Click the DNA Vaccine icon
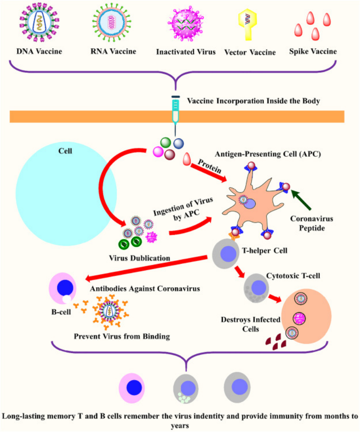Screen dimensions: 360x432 (x=39, y=22)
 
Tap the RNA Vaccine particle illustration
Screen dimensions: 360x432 (x=112, y=22)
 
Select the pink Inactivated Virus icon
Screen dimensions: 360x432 (x=186, y=23)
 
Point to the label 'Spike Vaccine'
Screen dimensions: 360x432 (x=313, y=52)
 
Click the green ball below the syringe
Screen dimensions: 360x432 (x=165, y=142)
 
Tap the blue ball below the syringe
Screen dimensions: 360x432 (x=178, y=143)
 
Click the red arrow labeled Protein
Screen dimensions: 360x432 (x=209, y=172)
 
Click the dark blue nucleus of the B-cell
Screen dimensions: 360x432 (x=65, y=288)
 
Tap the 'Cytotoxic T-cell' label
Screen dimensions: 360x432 (x=293, y=276)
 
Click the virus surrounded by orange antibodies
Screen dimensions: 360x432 (x=110, y=311)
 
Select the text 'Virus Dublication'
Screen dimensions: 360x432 (x=140, y=258)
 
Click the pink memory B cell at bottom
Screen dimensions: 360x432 (x=131, y=388)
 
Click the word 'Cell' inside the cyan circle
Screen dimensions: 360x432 (x=65, y=151)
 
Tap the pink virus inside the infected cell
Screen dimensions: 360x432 (x=299, y=319)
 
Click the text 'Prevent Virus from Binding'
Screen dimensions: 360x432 (x=122, y=336)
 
